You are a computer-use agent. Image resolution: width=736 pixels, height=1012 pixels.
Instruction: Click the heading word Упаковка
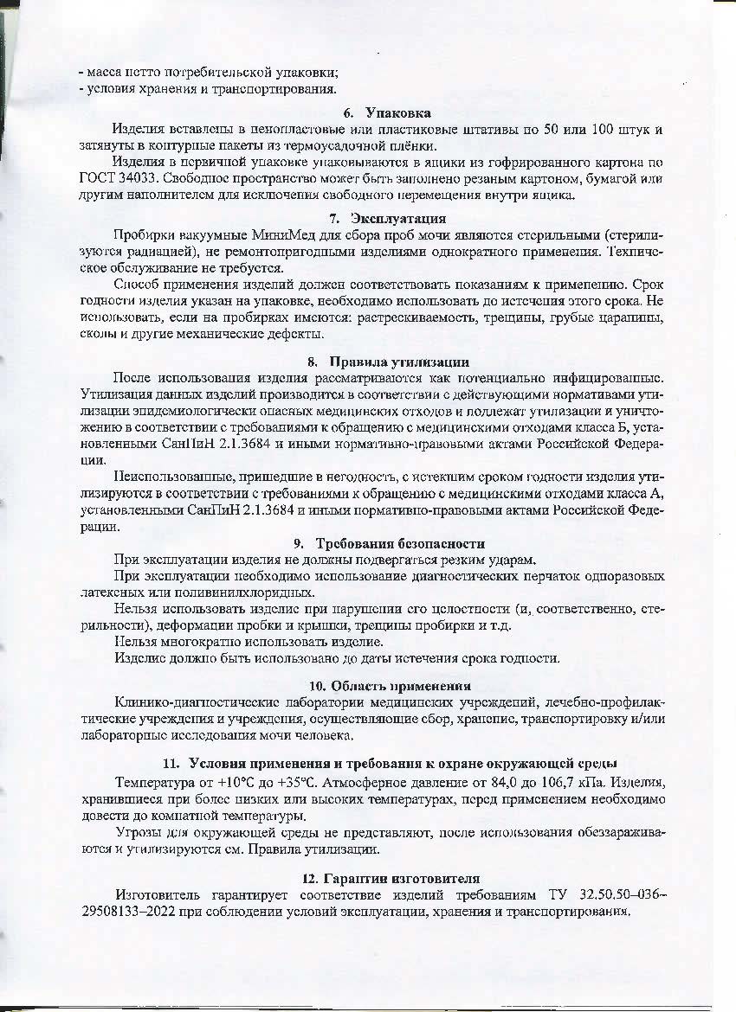click(x=397, y=113)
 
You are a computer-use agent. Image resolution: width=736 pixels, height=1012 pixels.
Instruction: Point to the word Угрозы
click(x=138, y=833)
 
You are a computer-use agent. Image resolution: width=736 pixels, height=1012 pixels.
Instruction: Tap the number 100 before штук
click(x=604, y=130)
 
